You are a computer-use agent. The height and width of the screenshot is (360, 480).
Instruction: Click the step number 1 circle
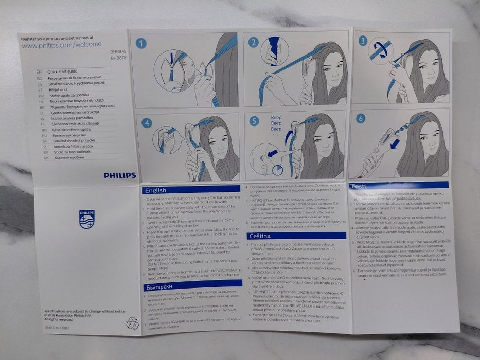[x=141, y=43]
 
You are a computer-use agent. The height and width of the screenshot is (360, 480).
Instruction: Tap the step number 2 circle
[x=253, y=42]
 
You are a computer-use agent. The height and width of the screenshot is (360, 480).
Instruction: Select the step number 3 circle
[x=363, y=41]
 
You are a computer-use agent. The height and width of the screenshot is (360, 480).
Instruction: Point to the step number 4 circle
[x=147, y=123]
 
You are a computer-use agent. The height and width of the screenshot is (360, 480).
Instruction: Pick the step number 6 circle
[x=361, y=118]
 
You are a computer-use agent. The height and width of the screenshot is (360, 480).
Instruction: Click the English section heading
[x=155, y=190]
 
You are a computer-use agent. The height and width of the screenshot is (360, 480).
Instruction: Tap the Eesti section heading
[x=360, y=186]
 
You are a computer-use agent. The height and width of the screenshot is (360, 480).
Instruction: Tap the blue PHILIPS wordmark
[x=120, y=175]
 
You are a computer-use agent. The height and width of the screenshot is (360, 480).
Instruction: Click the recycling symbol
[x=132, y=323]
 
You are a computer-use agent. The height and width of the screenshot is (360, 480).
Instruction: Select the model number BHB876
[x=118, y=52]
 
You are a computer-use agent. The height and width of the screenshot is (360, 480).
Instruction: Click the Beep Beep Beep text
[x=276, y=124]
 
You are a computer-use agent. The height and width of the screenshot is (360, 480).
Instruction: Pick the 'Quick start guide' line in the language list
[x=62, y=71]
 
